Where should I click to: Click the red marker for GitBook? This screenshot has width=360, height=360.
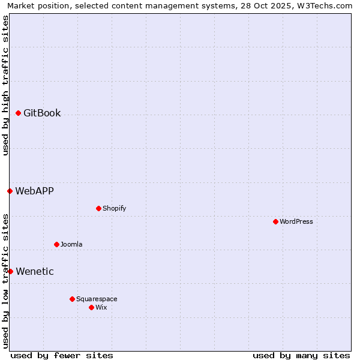[x=18, y=113]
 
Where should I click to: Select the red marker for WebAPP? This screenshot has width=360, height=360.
[x=10, y=191]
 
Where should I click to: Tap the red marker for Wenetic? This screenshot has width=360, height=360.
[x=10, y=271]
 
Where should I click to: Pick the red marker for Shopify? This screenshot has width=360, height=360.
[x=98, y=208]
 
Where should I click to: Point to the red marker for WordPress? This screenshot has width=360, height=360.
[x=275, y=221]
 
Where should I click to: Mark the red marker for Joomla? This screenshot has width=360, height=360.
[x=56, y=244]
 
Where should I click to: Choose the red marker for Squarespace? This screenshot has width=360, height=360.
[x=72, y=299]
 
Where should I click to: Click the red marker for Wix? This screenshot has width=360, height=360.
[x=91, y=307]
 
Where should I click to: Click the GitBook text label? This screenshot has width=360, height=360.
[x=42, y=113]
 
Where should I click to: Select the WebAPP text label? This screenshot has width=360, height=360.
[x=34, y=191]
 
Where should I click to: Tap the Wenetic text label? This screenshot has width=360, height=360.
[x=35, y=271]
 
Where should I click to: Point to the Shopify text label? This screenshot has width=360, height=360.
[x=114, y=208]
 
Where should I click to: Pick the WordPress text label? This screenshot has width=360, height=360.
[x=296, y=221]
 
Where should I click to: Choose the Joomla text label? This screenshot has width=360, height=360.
[x=71, y=244]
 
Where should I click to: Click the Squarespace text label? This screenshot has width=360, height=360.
[x=97, y=299]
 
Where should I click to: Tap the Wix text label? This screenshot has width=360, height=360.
[x=101, y=307]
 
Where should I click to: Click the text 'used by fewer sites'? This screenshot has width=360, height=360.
[x=62, y=355]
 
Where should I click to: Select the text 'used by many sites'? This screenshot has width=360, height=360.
[x=301, y=355]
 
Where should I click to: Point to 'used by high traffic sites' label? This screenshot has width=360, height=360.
[x=5, y=85]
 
